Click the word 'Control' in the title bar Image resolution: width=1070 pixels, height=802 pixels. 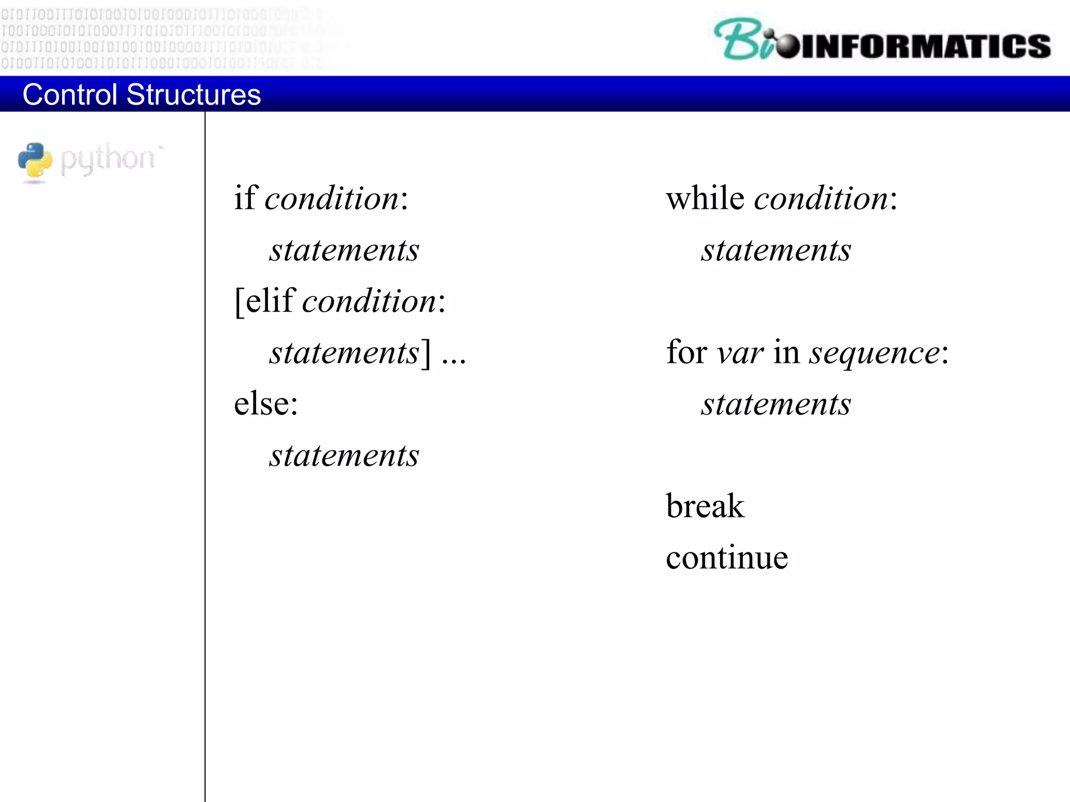(x=69, y=95)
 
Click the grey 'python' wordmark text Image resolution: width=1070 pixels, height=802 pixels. (x=108, y=158)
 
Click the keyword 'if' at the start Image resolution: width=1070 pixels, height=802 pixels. (x=245, y=198)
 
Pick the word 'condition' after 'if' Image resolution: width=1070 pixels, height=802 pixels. (x=332, y=199)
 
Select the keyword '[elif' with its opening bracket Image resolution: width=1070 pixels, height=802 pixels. (x=265, y=301)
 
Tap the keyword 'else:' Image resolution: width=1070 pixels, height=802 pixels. (x=266, y=404)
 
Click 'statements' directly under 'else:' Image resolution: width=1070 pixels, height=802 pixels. (x=344, y=455)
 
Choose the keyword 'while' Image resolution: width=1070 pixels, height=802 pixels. (x=705, y=198)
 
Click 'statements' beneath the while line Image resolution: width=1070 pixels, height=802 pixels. (x=776, y=250)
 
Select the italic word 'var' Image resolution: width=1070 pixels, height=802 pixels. (x=740, y=353)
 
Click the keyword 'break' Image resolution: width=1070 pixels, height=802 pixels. (x=705, y=506)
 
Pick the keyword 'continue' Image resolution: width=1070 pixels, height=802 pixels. (x=727, y=557)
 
